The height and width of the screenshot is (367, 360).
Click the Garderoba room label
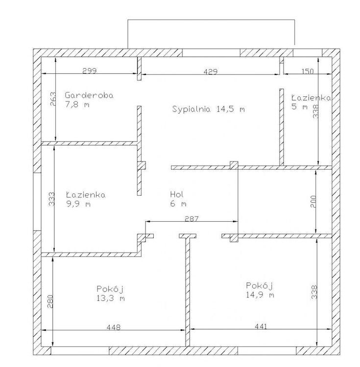89,95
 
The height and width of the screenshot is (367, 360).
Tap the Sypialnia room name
192,109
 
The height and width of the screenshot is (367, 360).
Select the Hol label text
177,194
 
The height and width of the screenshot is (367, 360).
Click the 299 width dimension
90,70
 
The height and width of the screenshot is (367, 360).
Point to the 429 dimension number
210,71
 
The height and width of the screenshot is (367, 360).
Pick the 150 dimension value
307,71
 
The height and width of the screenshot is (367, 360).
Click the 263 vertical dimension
53,99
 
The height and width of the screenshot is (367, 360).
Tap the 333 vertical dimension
51,199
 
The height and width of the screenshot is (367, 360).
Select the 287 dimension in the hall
192,219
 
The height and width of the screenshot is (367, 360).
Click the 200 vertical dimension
313,202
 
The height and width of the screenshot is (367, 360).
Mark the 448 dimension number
114,327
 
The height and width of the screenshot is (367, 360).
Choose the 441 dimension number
261,326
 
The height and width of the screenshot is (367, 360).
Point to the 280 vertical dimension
50,301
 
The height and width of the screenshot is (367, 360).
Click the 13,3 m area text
111,298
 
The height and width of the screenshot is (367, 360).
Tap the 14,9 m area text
260,295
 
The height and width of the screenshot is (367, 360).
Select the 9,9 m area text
78,204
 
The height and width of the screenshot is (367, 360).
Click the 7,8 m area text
77,104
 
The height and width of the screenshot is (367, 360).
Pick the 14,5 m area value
231,109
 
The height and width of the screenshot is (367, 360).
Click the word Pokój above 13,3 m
110,289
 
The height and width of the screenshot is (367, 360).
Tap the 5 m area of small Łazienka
300,107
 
